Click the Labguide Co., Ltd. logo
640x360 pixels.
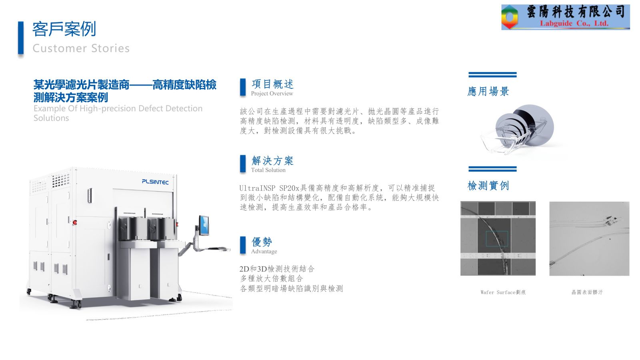click(565, 17)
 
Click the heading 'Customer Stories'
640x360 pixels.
click(81, 48)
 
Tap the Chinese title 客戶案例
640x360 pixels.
click(64, 29)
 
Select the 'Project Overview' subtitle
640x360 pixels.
click(272, 94)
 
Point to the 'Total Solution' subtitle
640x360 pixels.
click(268, 170)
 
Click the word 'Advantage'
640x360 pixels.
click(264, 252)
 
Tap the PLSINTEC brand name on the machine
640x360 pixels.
click(155, 182)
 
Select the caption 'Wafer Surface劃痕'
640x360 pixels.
click(503, 292)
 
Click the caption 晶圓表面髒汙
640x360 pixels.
click(587, 292)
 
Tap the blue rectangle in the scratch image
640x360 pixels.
click(497, 238)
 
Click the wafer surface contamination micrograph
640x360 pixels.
click(589, 238)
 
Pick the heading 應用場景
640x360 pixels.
click(488, 92)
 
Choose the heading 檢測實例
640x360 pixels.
click(488, 186)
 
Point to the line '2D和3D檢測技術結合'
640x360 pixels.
click(277, 269)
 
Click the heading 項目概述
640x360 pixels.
click(272, 84)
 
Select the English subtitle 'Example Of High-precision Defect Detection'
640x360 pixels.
click(118, 108)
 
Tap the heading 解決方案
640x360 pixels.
click(272, 161)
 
